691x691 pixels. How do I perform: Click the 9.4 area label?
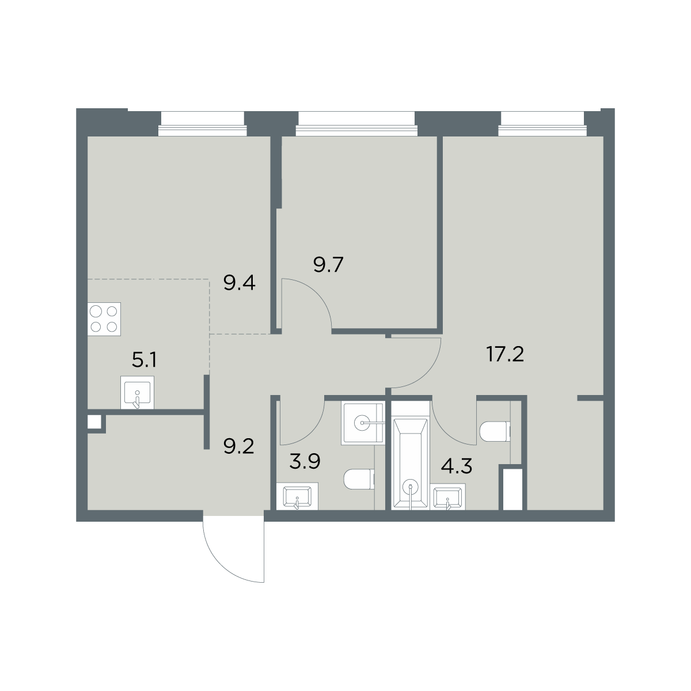point(239,283)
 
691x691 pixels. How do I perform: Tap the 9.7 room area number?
point(328,265)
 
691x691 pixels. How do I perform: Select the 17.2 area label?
point(505,354)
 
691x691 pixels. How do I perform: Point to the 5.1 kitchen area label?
point(144,360)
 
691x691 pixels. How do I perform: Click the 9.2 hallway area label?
point(239,447)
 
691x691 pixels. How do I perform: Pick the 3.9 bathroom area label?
point(305,461)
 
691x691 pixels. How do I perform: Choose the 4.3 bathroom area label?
point(457,466)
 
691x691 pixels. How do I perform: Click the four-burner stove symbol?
point(104,319)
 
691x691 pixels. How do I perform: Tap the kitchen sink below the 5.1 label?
point(138,392)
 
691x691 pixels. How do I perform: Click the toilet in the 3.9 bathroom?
point(359,479)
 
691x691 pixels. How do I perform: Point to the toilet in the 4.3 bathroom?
point(495,431)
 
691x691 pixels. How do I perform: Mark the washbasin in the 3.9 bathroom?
point(297,496)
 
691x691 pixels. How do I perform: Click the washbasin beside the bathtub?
point(447,496)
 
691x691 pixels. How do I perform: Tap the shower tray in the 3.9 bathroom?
point(363,423)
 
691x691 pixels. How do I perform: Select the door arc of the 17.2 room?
point(428,373)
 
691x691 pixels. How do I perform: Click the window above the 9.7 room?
point(357,124)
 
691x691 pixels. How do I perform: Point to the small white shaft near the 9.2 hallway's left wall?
point(94,422)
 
